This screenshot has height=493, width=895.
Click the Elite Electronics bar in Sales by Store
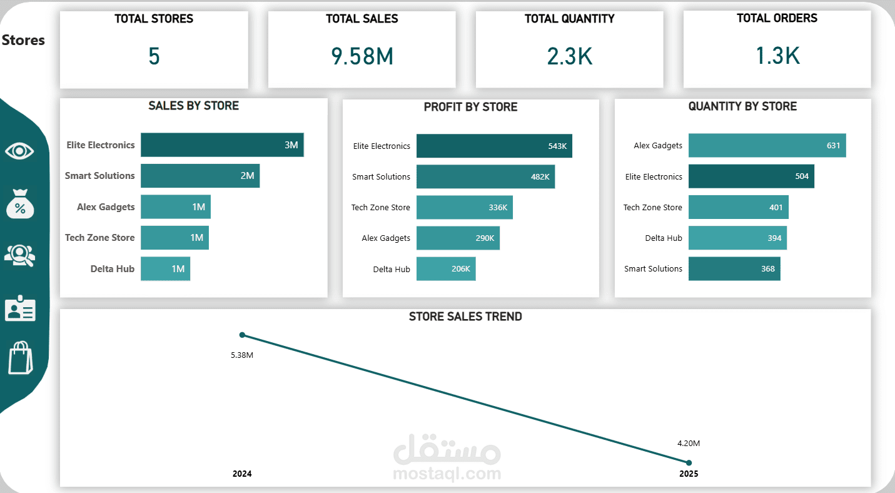[x=222, y=145]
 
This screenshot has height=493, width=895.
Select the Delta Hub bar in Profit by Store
[x=446, y=269]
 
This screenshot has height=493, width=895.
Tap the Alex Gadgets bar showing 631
[x=767, y=145]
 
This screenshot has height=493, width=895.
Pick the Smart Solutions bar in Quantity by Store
[x=734, y=269]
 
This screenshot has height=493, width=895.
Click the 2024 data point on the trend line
[x=243, y=335]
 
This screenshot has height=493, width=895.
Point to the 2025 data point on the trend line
[x=689, y=463]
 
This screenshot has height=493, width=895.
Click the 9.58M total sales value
[x=362, y=56]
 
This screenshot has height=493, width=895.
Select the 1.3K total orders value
[x=777, y=56]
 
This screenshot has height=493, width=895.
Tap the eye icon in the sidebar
[x=19, y=151]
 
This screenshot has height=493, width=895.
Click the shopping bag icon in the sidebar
[x=20, y=358]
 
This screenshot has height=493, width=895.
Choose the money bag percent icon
[x=20, y=204]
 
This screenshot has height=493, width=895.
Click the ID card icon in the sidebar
[x=20, y=308]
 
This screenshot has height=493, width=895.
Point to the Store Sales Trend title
[x=465, y=317]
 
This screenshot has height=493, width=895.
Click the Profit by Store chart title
[x=470, y=107]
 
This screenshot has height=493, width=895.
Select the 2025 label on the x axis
[x=689, y=474]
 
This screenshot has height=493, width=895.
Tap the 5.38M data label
[x=242, y=355]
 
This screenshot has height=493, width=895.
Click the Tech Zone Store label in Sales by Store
[x=100, y=238]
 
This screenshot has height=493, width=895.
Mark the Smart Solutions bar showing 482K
[x=485, y=176]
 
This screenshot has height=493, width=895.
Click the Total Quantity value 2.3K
[x=569, y=56]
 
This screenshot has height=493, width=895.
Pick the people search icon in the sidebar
[x=19, y=255]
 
